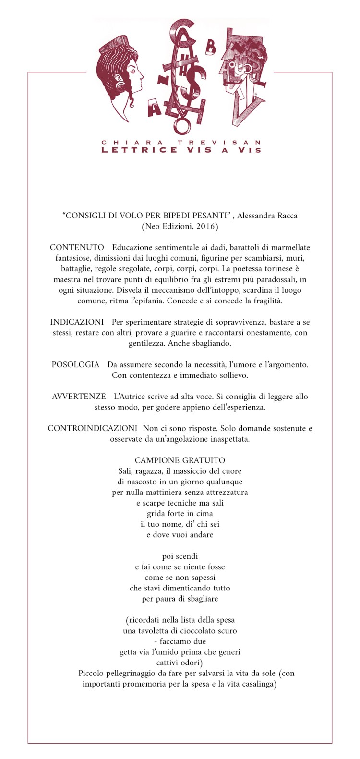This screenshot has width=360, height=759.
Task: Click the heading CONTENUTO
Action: tap(77, 247)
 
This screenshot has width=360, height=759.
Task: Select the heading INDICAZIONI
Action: tap(77, 322)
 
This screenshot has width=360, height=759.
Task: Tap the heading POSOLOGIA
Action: tap(75, 365)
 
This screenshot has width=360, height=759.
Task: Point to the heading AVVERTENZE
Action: tap(79, 397)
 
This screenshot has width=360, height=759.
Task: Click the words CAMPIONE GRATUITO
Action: tap(180, 460)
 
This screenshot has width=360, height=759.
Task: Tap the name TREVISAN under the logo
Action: tap(219, 143)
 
